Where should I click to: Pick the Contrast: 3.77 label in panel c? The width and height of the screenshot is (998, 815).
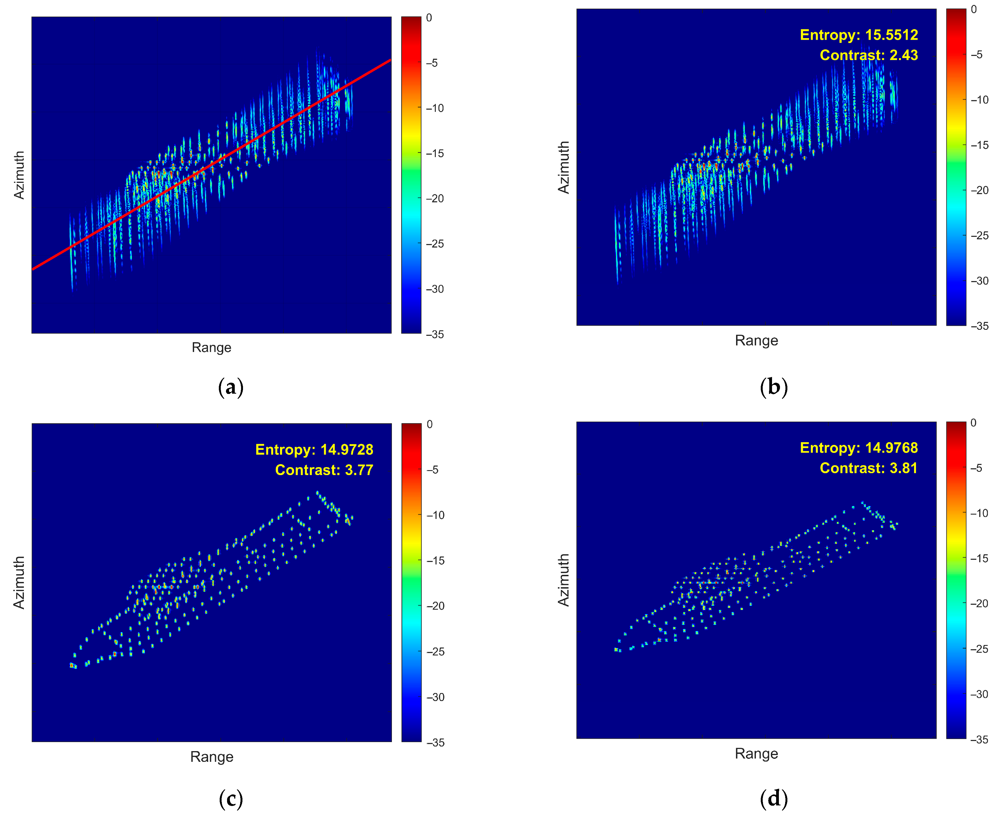click(324, 470)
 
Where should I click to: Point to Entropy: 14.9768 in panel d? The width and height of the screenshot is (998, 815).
click(858, 448)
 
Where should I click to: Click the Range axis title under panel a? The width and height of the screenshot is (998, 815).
click(211, 347)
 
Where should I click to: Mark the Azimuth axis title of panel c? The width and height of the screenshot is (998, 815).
click(19, 583)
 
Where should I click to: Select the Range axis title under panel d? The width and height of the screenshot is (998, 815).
click(756, 754)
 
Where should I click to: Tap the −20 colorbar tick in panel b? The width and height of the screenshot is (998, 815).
click(979, 190)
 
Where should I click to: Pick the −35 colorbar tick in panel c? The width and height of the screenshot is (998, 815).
click(435, 743)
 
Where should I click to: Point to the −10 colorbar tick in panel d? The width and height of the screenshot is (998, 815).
click(979, 513)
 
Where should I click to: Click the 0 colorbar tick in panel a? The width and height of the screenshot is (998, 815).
click(429, 18)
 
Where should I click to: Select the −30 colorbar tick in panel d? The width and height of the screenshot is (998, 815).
click(979, 694)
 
